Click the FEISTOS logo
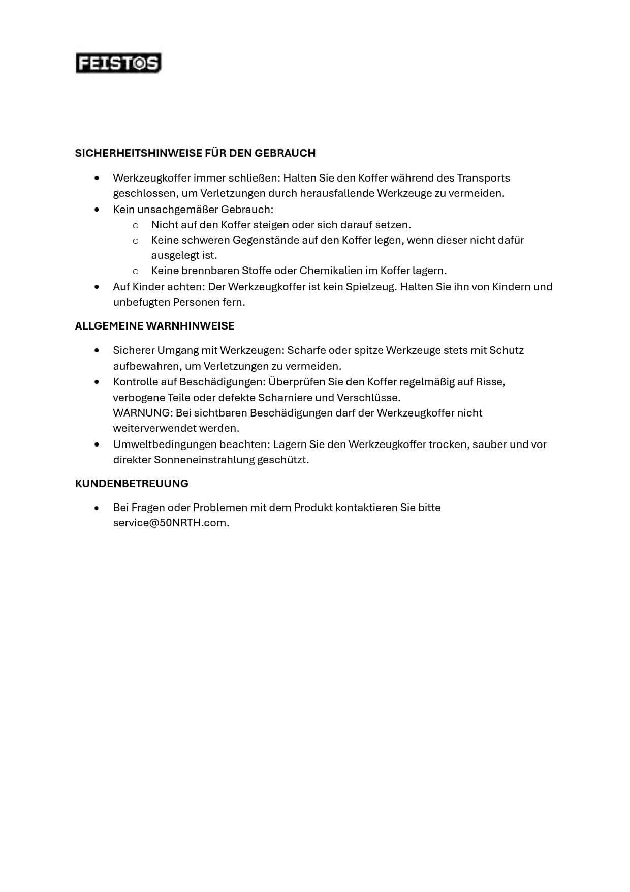click(x=118, y=63)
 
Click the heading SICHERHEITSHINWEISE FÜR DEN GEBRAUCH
click(x=195, y=153)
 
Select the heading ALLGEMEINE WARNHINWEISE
click(x=154, y=326)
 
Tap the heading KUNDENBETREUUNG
click(x=132, y=484)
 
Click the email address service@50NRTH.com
click(x=170, y=523)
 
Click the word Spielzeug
click(x=370, y=287)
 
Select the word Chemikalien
click(x=331, y=271)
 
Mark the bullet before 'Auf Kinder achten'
click(x=97, y=287)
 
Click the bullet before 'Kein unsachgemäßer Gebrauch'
click(x=97, y=210)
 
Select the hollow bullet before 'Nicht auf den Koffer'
click(x=136, y=225)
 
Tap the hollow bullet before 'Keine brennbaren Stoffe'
click(x=136, y=271)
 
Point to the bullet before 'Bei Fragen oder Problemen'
click(x=97, y=508)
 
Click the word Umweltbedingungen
click(x=165, y=444)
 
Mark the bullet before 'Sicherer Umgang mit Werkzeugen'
click(x=97, y=350)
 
